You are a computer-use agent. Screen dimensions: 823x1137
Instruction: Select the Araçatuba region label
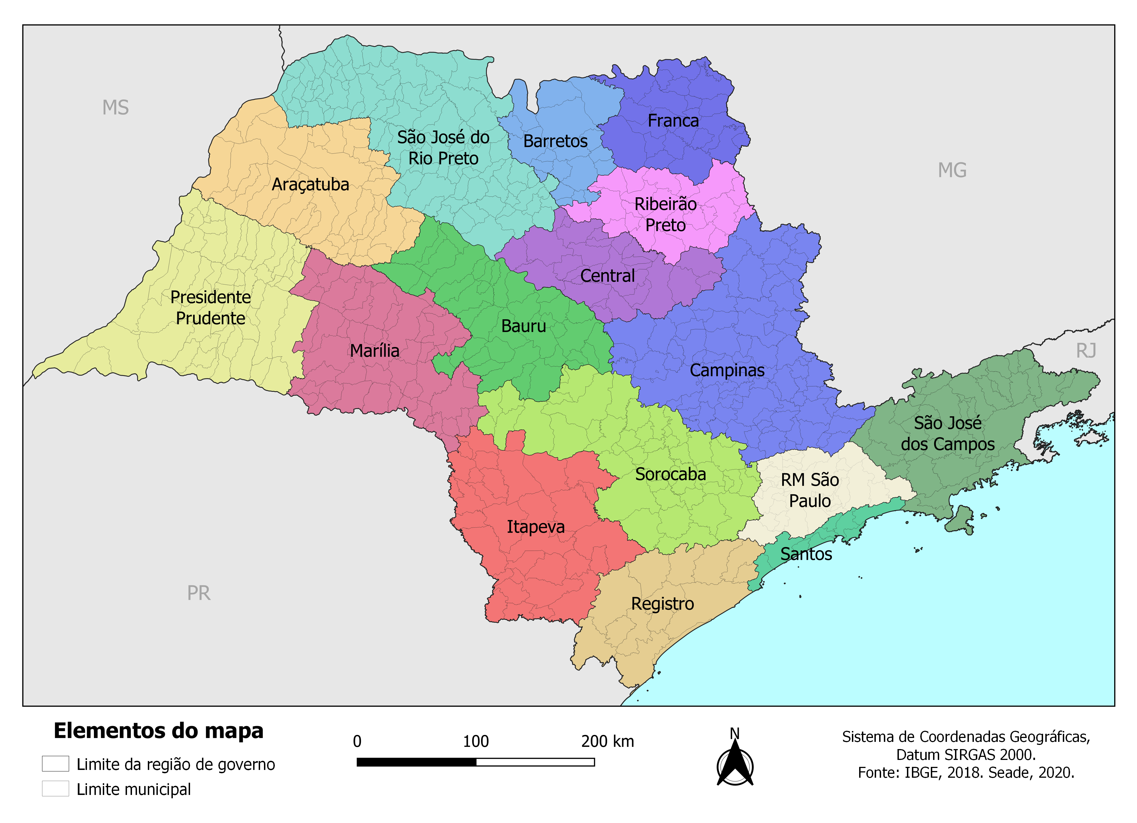click(310, 184)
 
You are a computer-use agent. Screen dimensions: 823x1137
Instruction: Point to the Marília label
click(375, 351)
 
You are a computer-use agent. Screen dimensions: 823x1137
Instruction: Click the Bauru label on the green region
click(523, 326)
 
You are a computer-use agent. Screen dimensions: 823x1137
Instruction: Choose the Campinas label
click(727, 370)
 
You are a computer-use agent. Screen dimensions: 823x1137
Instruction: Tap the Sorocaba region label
click(670, 474)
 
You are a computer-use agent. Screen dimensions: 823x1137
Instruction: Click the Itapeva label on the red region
click(535, 527)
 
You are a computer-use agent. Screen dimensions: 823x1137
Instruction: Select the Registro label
click(662, 604)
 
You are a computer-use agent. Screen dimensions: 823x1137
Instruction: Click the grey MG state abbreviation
click(952, 170)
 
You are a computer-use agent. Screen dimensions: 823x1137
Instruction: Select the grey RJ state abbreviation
click(1086, 351)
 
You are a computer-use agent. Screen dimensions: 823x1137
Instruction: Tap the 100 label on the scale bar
click(475, 741)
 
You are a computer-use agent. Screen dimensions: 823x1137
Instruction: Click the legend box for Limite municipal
click(55, 789)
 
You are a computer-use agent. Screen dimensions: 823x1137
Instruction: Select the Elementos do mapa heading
click(158, 731)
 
